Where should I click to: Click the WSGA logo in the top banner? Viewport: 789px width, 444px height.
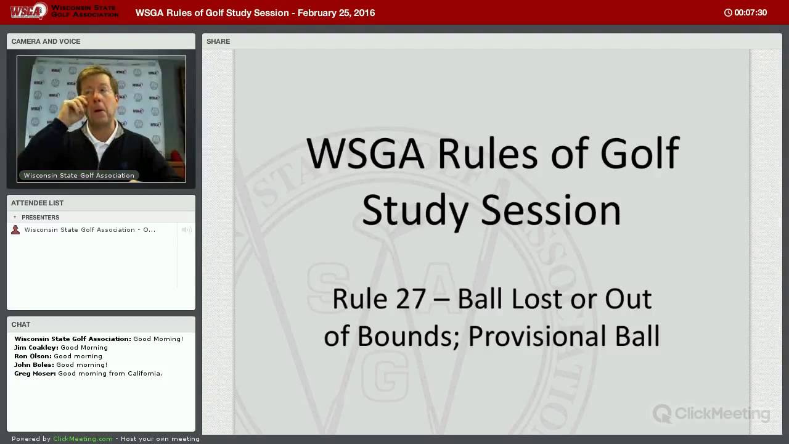tap(28, 11)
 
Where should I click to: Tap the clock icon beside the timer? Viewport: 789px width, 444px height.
tap(728, 13)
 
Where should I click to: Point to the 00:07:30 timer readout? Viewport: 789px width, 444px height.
tap(751, 13)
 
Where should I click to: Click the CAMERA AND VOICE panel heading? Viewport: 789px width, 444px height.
tap(46, 41)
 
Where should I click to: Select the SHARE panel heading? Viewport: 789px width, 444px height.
tap(218, 41)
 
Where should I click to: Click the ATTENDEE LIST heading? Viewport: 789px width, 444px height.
tap(38, 203)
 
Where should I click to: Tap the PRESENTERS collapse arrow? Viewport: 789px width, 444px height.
tap(15, 217)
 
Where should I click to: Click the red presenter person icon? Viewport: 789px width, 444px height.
tap(15, 230)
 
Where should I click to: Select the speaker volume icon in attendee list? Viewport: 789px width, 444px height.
tap(186, 230)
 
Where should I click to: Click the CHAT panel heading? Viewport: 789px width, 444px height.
tap(21, 324)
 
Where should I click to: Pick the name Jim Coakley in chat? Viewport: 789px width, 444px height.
tap(36, 347)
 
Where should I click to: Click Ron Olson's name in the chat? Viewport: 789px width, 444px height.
tap(33, 356)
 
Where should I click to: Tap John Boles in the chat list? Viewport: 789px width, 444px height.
tap(34, 364)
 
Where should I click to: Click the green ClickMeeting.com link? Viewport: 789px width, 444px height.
tap(83, 438)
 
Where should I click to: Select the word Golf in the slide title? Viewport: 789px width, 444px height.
tap(640, 154)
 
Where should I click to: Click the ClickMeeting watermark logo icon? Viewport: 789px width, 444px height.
tap(662, 413)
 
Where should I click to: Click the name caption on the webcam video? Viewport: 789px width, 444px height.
tap(79, 176)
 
